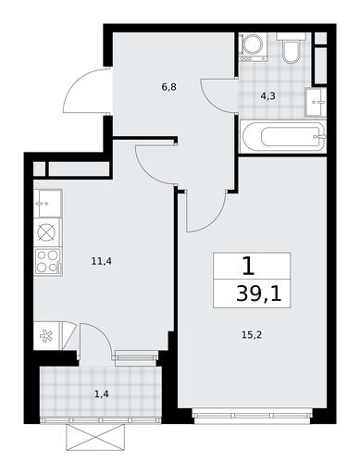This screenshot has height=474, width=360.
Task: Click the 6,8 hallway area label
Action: click(x=168, y=87)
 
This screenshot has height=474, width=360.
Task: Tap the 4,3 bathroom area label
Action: click(x=267, y=96)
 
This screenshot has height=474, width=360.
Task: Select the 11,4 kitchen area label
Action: click(x=101, y=261)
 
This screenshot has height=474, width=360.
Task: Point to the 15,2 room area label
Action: click(x=252, y=334)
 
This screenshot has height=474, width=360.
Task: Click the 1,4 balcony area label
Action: click(x=102, y=393)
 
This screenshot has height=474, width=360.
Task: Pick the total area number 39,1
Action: click(x=259, y=293)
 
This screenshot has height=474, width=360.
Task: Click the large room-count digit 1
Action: click(x=249, y=267)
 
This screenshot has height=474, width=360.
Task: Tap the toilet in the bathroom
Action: click(x=291, y=48)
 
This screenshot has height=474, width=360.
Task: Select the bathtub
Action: click(x=282, y=136)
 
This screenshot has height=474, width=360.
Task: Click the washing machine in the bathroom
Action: click(x=253, y=47)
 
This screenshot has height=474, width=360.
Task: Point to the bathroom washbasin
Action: click(x=316, y=102)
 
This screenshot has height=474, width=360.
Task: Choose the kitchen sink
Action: click(x=48, y=204)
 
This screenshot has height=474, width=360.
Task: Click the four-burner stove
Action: click(x=48, y=261)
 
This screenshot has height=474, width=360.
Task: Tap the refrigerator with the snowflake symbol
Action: click(x=47, y=336)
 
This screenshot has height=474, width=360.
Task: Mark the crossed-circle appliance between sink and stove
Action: click(x=48, y=232)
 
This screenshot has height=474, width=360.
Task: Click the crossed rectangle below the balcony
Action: click(x=95, y=437)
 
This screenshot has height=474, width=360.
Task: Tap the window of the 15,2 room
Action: click(x=252, y=416)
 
